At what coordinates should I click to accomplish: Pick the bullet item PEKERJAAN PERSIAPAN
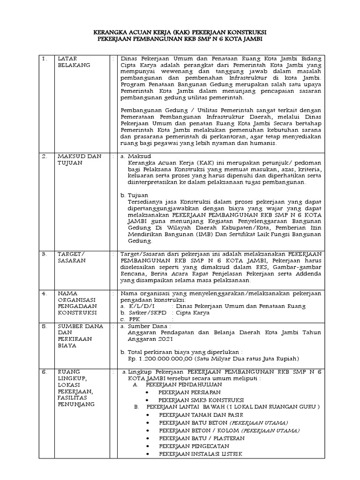(189, 391)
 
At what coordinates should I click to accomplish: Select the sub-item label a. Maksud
(136, 156)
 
